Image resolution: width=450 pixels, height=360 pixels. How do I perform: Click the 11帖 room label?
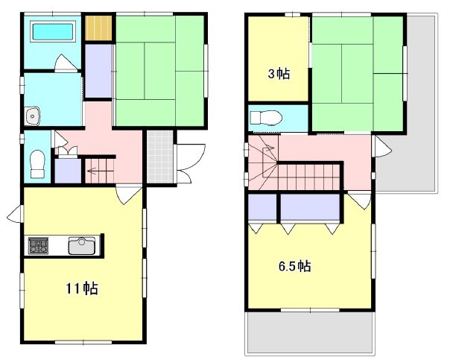(x=82, y=288)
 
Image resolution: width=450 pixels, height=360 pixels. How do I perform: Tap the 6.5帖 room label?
(x=295, y=266)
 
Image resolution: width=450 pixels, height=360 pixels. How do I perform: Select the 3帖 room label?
(x=279, y=74)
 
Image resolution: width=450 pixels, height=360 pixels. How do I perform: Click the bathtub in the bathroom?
(x=52, y=31)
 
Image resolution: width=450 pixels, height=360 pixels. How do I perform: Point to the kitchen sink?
(x=82, y=246)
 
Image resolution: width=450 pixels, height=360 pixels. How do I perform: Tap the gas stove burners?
(x=38, y=246)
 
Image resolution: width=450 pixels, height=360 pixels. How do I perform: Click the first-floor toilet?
(x=37, y=164)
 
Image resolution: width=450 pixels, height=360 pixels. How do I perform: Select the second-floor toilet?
(x=266, y=118)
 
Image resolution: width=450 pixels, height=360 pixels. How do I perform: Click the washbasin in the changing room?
(x=33, y=116)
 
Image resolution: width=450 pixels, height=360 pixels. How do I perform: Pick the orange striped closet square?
(x=98, y=28)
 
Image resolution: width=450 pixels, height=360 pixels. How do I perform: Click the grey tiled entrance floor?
(x=160, y=157)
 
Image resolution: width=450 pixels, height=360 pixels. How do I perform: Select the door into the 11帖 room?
(x=129, y=195)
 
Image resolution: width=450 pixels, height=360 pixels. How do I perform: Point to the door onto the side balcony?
(x=381, y=146)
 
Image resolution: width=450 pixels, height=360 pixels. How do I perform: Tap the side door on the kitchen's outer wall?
(x=15, y=214)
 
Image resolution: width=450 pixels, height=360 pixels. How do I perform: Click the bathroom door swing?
(x=66, y=63)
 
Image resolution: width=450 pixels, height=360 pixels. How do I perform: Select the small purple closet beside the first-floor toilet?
(x=68, y=171)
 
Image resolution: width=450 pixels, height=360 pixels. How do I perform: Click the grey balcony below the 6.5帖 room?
(x=310, y=332)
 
